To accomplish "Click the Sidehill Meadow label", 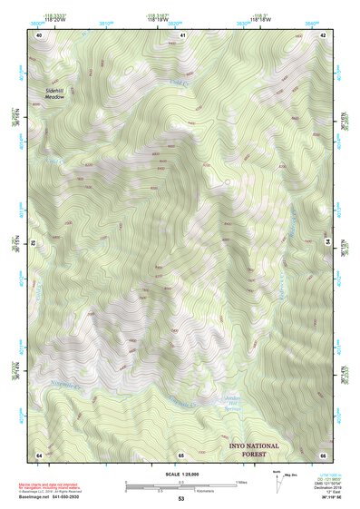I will [x=57, y=93].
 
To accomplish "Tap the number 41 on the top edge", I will [x=182, y=35].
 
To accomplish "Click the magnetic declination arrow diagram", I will [x=277, y=485].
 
